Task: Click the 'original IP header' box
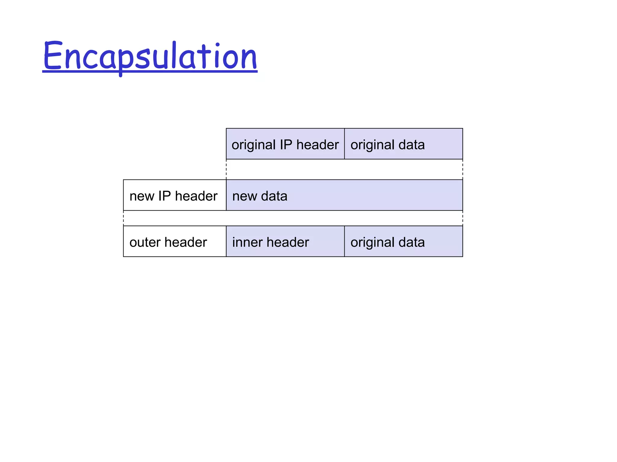[x=285, y=144]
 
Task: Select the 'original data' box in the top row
[x=403, y=144]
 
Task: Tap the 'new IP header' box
[x=174, y=195]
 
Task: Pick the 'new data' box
[x=344, y=195]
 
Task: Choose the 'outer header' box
[x=174, y=241]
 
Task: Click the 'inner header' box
[x=285, y=241]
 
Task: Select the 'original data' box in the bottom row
[x=403, y=241]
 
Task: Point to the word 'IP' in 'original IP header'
[x=286, y=145]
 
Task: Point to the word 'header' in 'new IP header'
[x=196, y=196]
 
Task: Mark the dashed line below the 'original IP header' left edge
[x=226, y=169]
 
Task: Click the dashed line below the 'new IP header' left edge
[x=124, y=218]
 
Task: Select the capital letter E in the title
[x=53, y=56]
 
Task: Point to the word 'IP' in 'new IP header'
[x=164, y=196]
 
